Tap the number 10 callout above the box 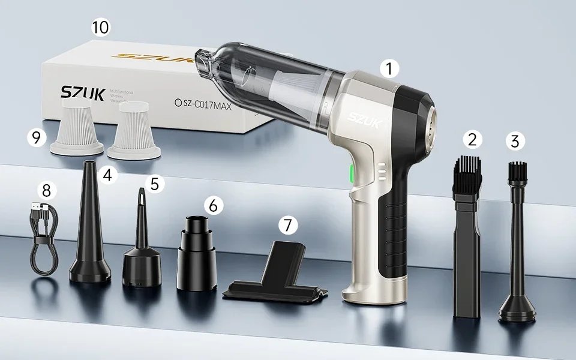100,28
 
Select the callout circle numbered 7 289,225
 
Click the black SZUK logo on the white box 83,94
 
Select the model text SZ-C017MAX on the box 206,103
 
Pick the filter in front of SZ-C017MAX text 131,130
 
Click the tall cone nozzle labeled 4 90,228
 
